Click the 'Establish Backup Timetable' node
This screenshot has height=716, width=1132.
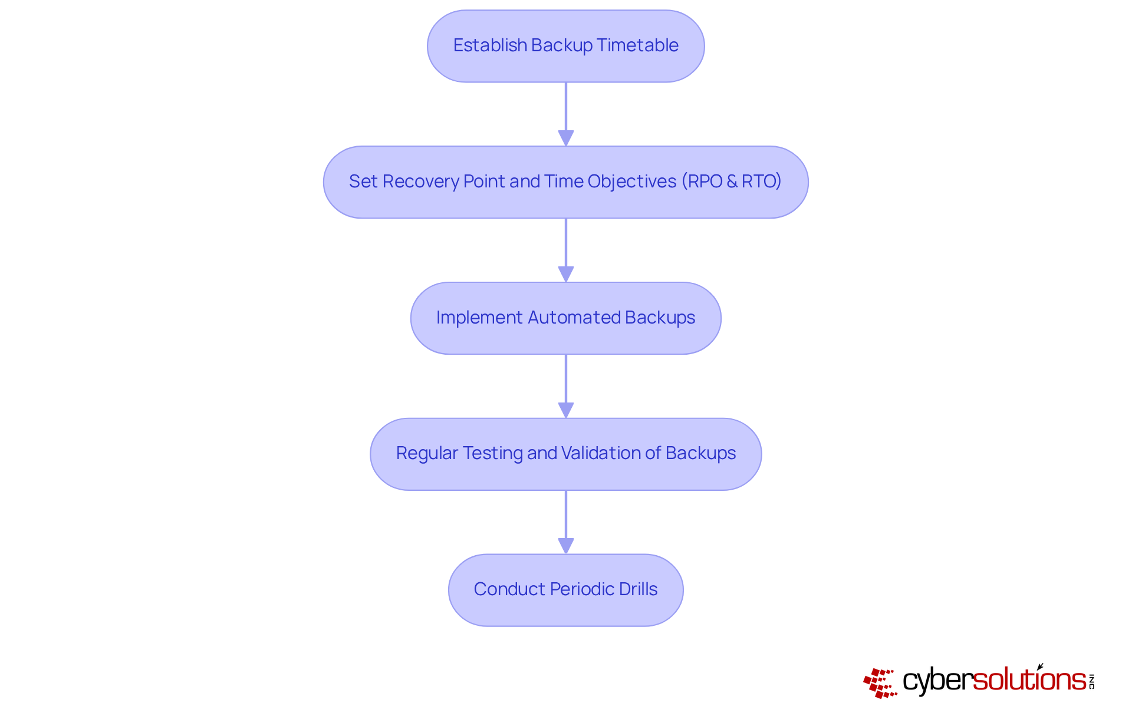coord(565,46)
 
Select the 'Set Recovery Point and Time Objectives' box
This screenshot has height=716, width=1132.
coord(565,182)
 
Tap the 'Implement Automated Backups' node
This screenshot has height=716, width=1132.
coord(565,318)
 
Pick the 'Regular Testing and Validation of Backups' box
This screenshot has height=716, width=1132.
coord(565,454)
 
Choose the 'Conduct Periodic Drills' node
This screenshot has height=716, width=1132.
coord(565,590)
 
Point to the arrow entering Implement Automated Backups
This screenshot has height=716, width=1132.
coord(566,250)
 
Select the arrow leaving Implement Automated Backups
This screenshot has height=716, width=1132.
coord(566,386)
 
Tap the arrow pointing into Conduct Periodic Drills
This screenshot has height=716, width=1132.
coord(566,522)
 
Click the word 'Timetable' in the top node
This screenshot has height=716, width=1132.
coord(637,45)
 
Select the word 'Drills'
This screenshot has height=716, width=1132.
coord(639,589)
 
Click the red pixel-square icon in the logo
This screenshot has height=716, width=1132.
coord(880,683)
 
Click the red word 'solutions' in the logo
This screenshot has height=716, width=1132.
coord(1029,680)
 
